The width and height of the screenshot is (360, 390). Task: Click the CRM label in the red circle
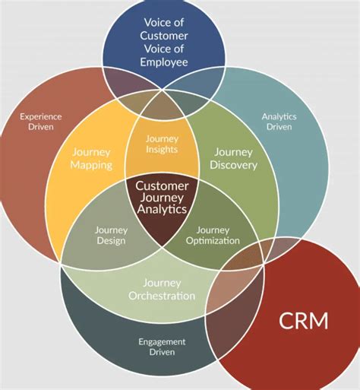click(304, 320)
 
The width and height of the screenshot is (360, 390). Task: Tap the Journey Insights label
click(162, 144)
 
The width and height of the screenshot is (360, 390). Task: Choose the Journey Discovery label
click(232, 157)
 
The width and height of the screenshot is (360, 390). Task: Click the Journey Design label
click(111, 235)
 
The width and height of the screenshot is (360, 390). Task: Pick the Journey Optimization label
click(213, 235)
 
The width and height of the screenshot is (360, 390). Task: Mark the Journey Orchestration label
click(163, 289)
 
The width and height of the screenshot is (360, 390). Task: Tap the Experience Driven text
click(41, 122)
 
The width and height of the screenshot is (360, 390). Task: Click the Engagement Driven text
click(163, 347)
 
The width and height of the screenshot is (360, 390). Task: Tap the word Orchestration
click(163, 296)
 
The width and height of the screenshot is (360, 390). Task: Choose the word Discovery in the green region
click(232, 164)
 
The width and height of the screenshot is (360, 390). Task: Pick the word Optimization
click(213, 240)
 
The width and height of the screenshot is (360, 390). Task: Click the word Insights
click(162, 150)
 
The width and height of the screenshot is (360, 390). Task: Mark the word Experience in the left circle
click(41, 116)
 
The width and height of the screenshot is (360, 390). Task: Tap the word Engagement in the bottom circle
click(163, 341)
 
